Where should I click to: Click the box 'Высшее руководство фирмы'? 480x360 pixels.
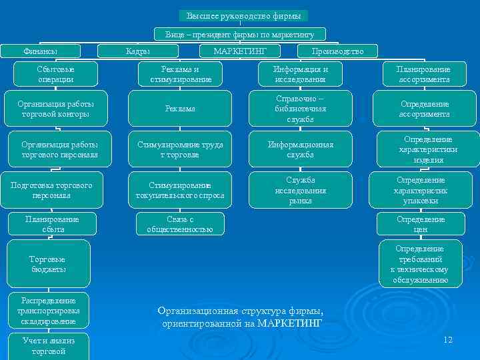[x=243, y=15]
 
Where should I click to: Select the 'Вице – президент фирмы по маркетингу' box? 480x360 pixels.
[x=240, y=33]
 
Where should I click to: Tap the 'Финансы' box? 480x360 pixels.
[x=41, y=51]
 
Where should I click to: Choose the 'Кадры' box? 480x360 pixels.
[x=138, y=51]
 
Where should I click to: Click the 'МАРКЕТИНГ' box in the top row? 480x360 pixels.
[x=240, y=51]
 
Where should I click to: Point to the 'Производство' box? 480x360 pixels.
[x=337, y=51]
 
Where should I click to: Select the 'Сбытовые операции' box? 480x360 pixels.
[x=56, y=74]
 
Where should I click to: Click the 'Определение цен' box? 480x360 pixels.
[x=421, y=224]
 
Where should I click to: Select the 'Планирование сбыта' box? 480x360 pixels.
[x=52, y=224]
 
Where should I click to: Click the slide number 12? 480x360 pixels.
[x=447, y=340]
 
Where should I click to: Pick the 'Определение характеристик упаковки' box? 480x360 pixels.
[x=421, y=190]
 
